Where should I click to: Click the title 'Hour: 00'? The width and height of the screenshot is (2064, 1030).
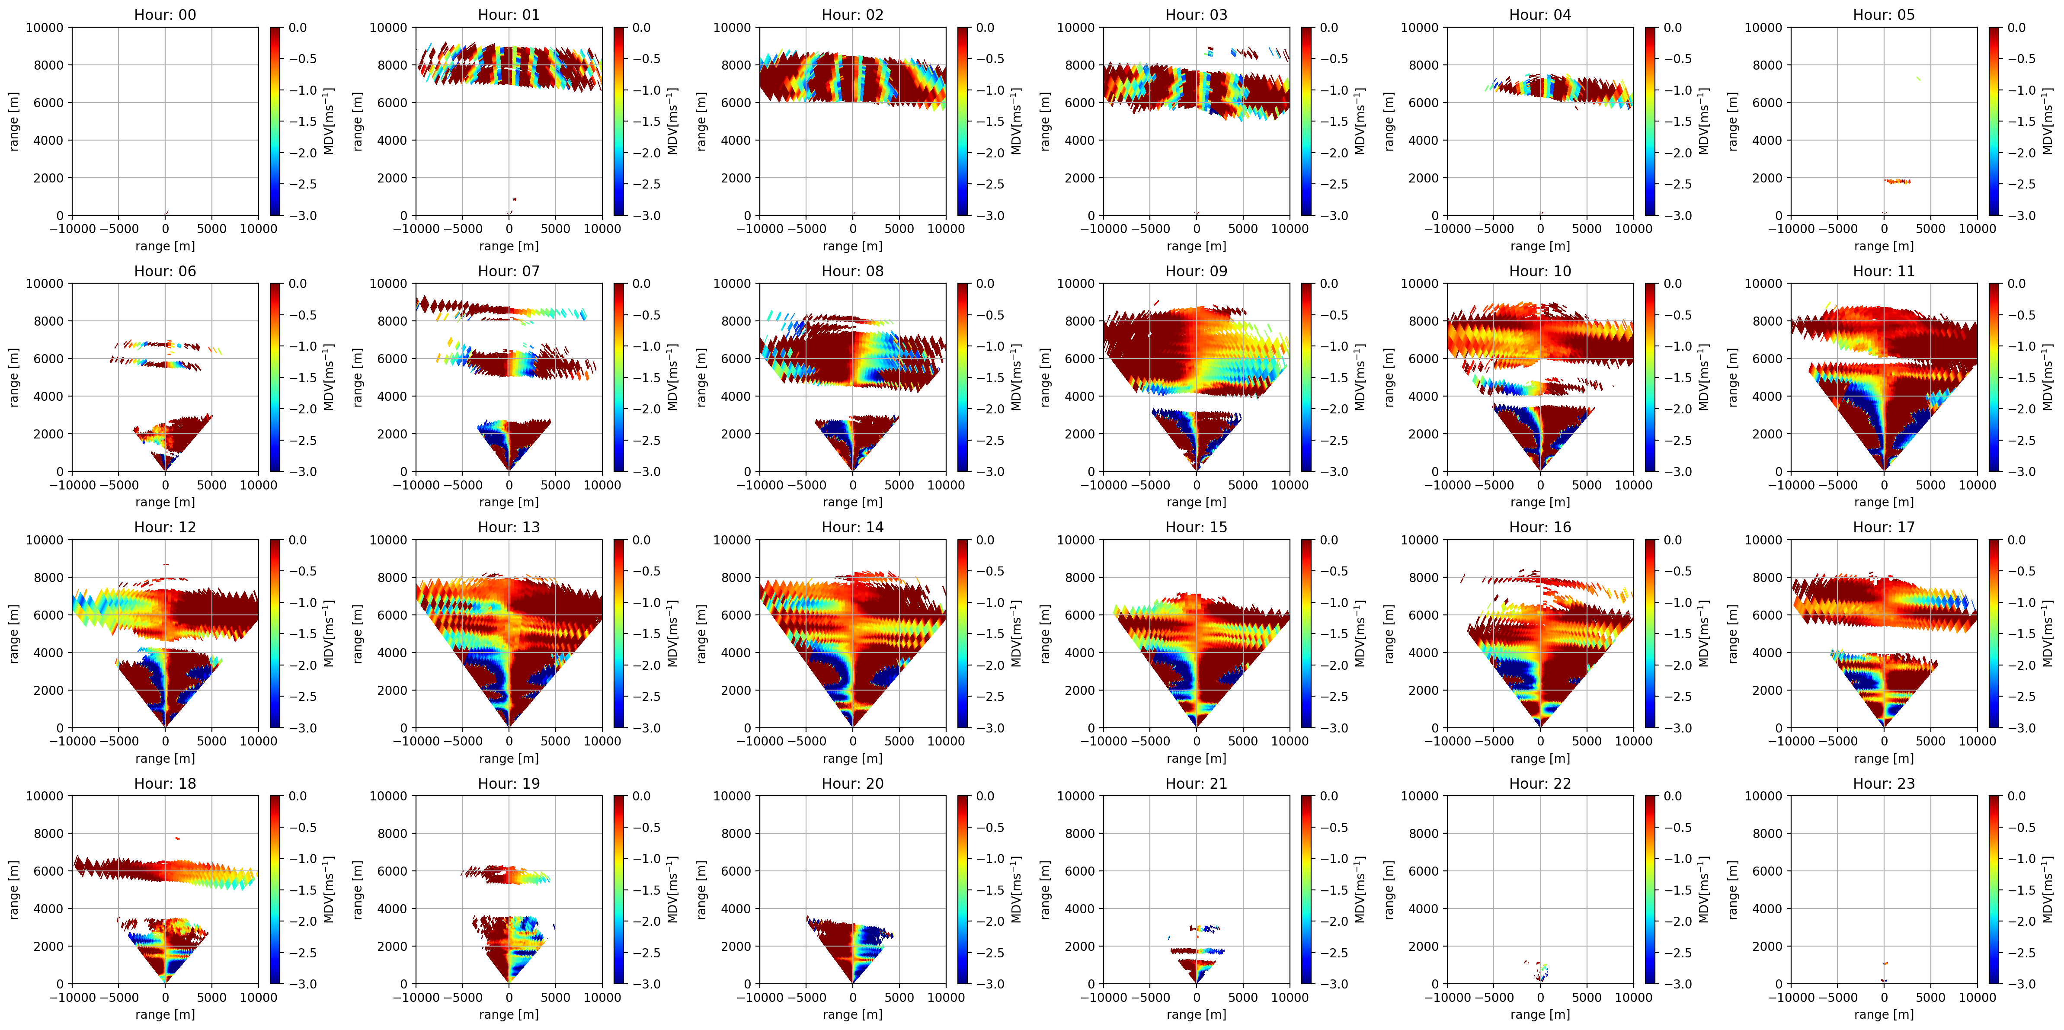(x=165, y=14)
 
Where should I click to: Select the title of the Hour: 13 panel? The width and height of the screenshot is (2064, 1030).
(x=509, y=527)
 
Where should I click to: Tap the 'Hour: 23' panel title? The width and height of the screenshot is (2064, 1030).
(x=1884, y=784)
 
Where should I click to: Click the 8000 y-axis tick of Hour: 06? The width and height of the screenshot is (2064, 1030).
(x=48, y=321)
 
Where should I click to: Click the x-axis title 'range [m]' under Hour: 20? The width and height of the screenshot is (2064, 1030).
(x=852, y=1014)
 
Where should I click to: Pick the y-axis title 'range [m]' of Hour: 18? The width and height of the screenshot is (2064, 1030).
(x=13, y=890)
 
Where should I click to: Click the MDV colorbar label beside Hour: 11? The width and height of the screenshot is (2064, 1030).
(x=2047, y=377)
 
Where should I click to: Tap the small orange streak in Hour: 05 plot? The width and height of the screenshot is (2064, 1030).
(x=1898, y=181)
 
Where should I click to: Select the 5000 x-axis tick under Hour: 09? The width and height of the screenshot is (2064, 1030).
(x=1243, y=485)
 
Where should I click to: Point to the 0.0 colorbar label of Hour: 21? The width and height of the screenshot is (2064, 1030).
(x=1328, y=796)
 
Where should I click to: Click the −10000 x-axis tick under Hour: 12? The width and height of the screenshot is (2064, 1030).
(x=72, y=741)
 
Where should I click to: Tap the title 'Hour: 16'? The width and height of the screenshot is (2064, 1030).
(x=1540, y=527)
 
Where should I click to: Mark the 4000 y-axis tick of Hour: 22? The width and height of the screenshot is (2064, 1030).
(x=1423, y=908)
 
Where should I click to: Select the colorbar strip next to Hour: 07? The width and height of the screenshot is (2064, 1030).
(x=619, y=377)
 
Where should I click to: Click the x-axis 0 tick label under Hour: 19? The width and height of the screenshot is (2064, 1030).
(x=509, y=997)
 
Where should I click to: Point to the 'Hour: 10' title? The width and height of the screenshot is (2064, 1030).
(x=1540, y=271)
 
